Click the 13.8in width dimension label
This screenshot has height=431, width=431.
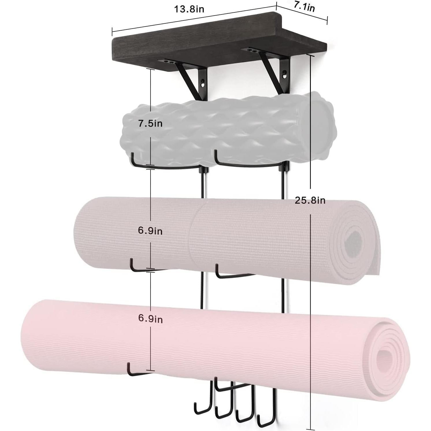click(x=189, y=9)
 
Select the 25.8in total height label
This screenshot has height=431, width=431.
click(x=310, y=200)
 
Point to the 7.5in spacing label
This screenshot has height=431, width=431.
click(x=150, y=124)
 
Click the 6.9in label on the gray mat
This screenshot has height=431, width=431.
click(x=150, y=231)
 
